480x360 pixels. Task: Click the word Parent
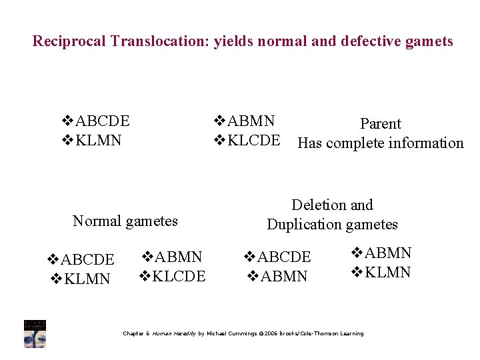tap(381, 123)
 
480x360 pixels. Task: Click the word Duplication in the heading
tap(304, 224)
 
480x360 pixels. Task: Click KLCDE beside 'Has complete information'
tap(253, 141)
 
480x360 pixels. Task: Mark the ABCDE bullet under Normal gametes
tap(87, 259)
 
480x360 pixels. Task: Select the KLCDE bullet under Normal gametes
tap(179, 276)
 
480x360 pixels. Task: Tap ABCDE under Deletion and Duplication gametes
tap(284, 257)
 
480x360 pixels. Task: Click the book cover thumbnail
tap(35, 333)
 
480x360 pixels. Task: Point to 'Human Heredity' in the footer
tap(175, 333)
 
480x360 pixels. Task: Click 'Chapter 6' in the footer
tap(137, 333)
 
